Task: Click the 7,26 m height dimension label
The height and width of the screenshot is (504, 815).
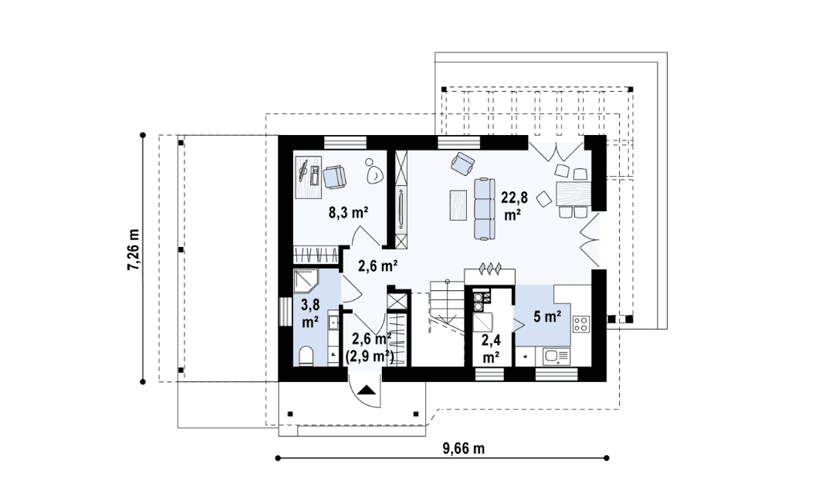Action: click(x=134, y=249)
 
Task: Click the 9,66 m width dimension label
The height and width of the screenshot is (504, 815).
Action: click(x=464, y=448)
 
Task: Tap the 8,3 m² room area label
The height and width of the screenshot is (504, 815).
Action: click(x=348, y=212)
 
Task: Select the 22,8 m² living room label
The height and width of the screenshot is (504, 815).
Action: click(x=514, y=206)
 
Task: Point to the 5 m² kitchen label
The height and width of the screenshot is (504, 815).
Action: click(x=546, y=316)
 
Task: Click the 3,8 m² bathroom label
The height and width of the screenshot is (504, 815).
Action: click(x=310, y=313)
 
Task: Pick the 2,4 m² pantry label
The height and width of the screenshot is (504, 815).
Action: click(x=491, y=349)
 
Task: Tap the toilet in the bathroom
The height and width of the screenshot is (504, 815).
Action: click(x=306, y=356)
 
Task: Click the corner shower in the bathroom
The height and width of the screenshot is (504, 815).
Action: click(x=306, y=281)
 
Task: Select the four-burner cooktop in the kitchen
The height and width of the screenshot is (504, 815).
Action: click(x=581, y=324)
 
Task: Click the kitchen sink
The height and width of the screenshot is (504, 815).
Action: click(x=556, y=357)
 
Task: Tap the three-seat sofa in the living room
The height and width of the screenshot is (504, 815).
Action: click(x=484, y=208)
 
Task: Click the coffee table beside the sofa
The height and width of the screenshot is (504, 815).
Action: click(x=458, y=205)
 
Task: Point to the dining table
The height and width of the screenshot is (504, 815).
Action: click(x=573, y=193)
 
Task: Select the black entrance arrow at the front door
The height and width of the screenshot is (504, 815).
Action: click(x=367, y=391)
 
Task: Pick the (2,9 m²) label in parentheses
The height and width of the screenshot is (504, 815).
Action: click(x=370, y=356)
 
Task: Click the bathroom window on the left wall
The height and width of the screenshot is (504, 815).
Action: click(x=285, y=312)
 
